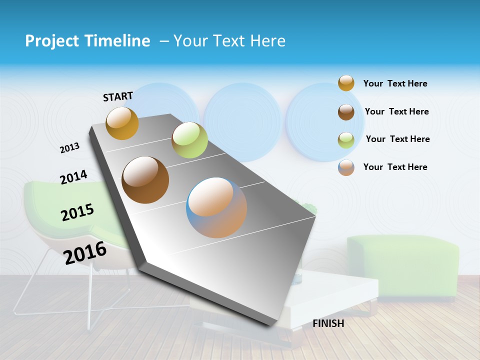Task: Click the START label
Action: (x=118, y=96)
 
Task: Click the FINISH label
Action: (x=328, y=323)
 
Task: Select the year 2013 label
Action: (x=69, y=148)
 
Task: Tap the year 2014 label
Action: (x=73, y=177)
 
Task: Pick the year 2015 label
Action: (x=77, y=212)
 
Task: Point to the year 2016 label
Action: (x=85, y=253)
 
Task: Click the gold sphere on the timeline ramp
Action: (x=122, y=123)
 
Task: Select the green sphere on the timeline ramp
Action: (x=189, y=140)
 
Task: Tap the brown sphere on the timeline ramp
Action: (x=145, y=180)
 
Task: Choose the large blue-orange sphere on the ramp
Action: (x=216, y=207)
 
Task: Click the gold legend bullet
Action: (x=346, y=83)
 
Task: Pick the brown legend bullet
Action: (x=346, y=112)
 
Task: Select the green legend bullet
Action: (x=346, y=139)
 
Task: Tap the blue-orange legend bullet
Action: (x=346, y=167)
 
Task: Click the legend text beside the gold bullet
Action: (x=395, y=83)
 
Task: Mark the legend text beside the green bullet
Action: (x=397, y=139)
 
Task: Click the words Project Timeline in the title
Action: (x=87, y=41)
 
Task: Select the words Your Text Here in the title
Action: (x=229, y=41)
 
